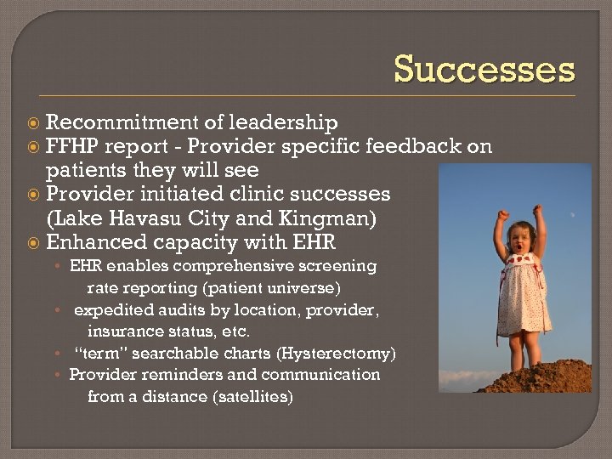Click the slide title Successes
(484, 69)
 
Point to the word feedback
(413, 146)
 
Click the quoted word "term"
(99, 353)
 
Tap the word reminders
(174, 375)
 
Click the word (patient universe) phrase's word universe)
(305, 287)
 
